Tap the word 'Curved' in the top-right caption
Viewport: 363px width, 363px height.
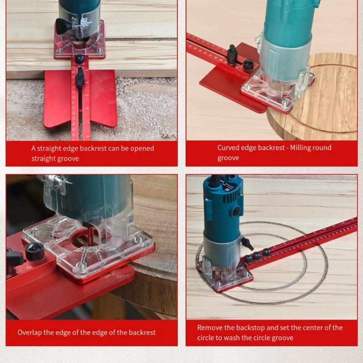[228, 147]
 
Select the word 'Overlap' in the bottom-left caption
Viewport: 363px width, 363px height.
[30, 332]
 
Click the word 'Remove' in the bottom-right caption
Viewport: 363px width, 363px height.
[210, 327]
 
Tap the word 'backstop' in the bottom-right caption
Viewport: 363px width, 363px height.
[253, 327]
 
